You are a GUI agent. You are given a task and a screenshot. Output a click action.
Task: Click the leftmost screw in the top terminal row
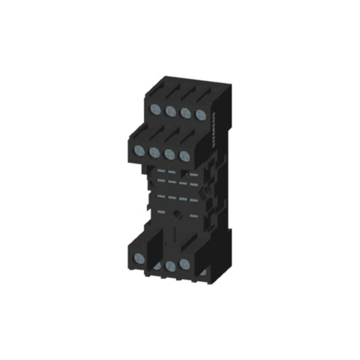[x=155, y=107]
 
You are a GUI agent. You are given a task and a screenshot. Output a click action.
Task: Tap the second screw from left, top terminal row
[x=170, y=110]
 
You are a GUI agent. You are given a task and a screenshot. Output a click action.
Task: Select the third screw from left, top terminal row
[x=185, y=112]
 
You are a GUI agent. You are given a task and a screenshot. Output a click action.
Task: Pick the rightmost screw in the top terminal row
[x=200, y=115]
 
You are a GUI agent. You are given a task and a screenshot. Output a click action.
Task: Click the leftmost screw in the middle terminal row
[x=140, y=149]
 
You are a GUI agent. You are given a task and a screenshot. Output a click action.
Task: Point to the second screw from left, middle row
[x=155, y=152]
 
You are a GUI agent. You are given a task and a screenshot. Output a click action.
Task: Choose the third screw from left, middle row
[x=170, y=155]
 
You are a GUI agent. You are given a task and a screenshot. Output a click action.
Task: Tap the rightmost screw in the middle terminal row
[x=184, y=157]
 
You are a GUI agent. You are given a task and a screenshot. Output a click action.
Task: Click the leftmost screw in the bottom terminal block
[x=140, y=258]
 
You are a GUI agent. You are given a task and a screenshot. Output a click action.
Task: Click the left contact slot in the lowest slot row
[x=160, y=211]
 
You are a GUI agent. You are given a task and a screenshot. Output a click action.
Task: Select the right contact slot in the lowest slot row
[x=195, y=216]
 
